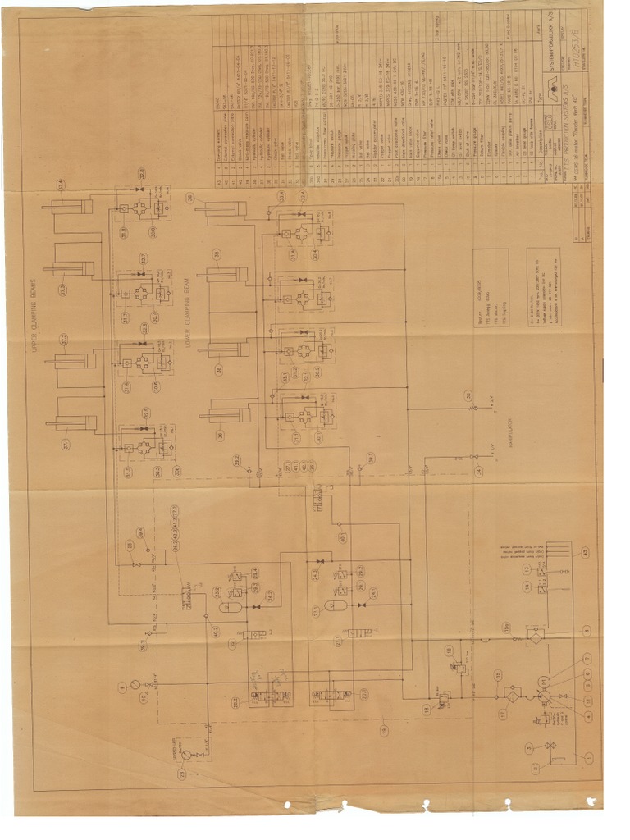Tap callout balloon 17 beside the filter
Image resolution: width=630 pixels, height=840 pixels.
coord(503,713)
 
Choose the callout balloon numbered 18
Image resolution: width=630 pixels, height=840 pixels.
coord(427,710)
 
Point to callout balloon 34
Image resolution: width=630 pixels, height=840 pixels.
coord(478,470)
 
